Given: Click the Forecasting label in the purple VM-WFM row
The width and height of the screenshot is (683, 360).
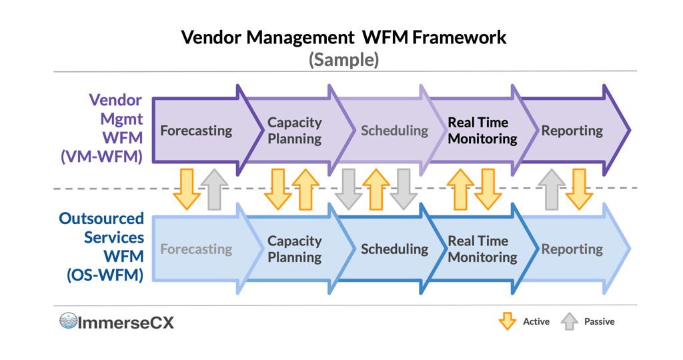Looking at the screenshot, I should (196, 131).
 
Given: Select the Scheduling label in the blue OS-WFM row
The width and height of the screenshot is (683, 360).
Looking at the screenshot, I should (394, 249).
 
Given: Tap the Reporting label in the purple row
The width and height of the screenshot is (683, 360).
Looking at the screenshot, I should (572, 131).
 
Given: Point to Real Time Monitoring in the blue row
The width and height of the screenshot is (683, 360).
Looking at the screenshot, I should (482, 249).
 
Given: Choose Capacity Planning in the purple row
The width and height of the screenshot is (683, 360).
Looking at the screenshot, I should (294, 131).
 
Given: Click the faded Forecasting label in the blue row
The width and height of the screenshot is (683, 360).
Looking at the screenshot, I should (196, 249).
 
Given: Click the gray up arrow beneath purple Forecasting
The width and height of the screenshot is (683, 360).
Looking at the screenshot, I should (214, 189).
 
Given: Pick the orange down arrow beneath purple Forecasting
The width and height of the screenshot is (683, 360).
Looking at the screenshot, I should (186, 189).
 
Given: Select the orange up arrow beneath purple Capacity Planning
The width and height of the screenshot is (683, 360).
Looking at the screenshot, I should (305, 189).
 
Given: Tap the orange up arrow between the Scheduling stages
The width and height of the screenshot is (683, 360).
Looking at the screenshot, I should (376, 189).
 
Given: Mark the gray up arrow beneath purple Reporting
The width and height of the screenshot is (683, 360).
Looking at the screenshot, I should (551, 189).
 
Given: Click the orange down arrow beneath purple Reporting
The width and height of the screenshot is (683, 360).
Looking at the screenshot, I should (579, 189).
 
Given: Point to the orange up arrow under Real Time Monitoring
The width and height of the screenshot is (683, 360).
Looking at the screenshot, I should (460, 189).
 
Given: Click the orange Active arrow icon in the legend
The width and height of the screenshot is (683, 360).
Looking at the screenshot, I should (508, 321).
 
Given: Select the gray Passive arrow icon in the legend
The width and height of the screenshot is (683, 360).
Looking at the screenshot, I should (569, 321).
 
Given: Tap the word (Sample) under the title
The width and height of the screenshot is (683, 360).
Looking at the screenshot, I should (344, 59).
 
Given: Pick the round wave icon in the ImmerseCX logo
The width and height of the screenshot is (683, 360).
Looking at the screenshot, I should (68, 321).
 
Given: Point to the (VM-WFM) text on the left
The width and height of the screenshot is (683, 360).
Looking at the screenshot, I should (101, 157).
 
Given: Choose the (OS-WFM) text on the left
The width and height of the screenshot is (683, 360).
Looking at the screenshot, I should (105, 274).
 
